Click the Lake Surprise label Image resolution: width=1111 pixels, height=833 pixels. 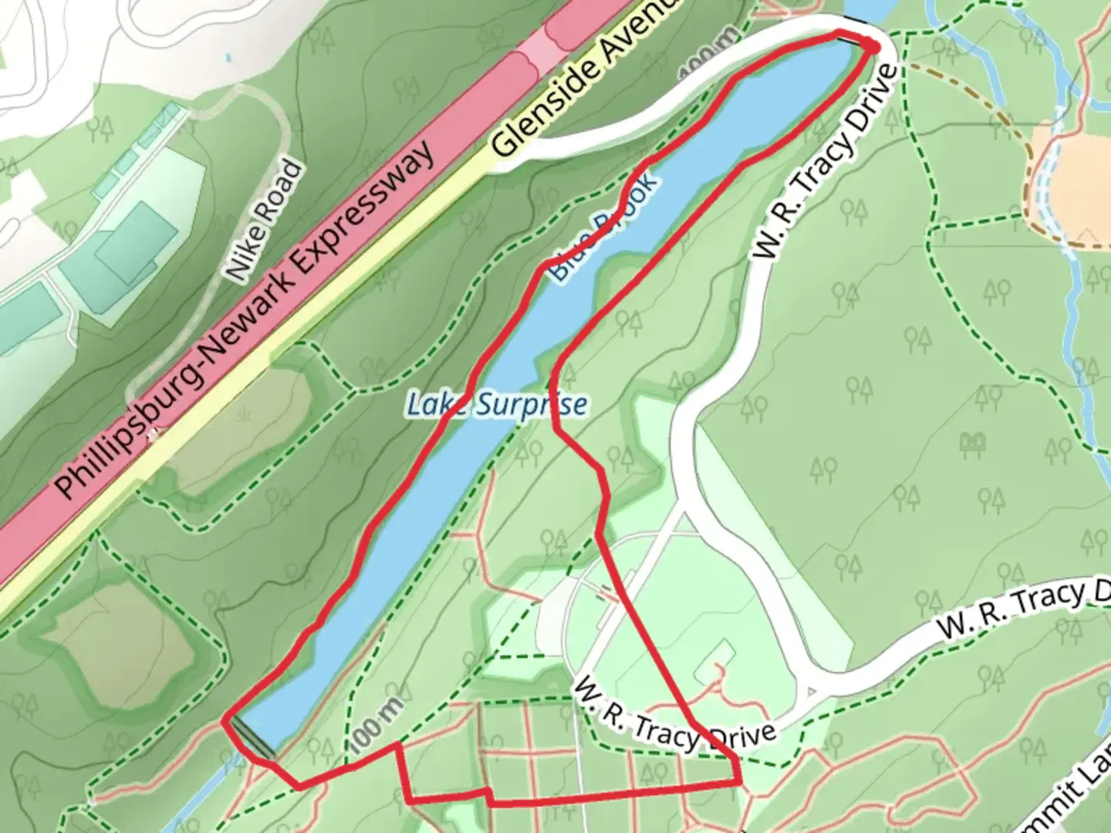point(497,404)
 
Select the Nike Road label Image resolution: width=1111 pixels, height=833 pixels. point(262,220)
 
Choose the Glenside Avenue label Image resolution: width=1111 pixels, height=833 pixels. point(586,77)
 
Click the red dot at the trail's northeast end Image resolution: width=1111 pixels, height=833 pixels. point(872,46)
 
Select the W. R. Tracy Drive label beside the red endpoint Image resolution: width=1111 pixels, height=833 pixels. point(826,162)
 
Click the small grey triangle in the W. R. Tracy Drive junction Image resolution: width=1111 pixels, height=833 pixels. point(810,692)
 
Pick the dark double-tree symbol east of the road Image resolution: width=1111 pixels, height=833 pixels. point(973,443)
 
